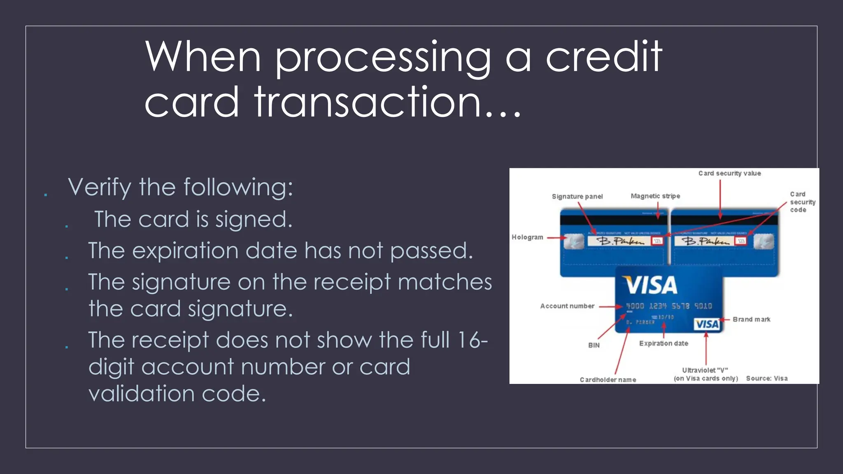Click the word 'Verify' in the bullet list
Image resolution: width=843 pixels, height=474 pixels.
(x=100, y=188)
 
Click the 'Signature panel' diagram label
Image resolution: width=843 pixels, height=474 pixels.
(x=577, y=197)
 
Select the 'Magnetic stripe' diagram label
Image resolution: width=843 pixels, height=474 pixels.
(x=655, y=196)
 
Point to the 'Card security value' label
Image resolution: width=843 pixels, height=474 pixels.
(x=729, y=174)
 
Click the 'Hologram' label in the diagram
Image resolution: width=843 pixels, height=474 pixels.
(x=527, y=237)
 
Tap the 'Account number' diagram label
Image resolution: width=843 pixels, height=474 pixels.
(x=567, y=306)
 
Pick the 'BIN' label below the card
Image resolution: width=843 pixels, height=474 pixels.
(x=594, y=345)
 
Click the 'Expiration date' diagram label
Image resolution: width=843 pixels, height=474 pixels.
(x=664, y=344)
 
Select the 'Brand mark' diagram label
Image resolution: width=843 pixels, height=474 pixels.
(x=751, y=319)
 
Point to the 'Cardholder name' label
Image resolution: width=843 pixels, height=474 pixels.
(x=608, y=380)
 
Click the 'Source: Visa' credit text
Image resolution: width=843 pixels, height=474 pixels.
(x=767, y=379)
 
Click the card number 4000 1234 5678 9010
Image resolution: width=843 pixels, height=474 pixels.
(x=669, y=306)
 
